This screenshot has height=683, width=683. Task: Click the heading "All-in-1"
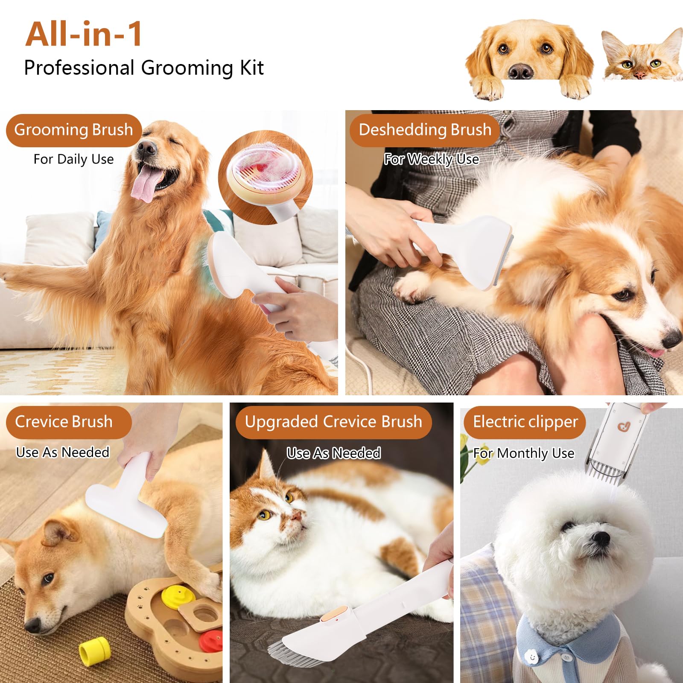84,34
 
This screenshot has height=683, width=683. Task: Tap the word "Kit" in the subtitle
251,67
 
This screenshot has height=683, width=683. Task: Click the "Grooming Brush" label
73,130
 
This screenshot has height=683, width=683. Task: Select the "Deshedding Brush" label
425,130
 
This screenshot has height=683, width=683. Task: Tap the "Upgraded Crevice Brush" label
333,422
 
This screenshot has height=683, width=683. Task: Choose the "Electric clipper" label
525,422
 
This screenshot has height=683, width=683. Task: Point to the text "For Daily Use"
73,159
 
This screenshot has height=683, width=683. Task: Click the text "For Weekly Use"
431,159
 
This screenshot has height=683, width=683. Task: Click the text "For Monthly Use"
524,453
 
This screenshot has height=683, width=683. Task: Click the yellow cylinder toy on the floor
95,651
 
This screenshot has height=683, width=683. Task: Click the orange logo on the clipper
624,426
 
